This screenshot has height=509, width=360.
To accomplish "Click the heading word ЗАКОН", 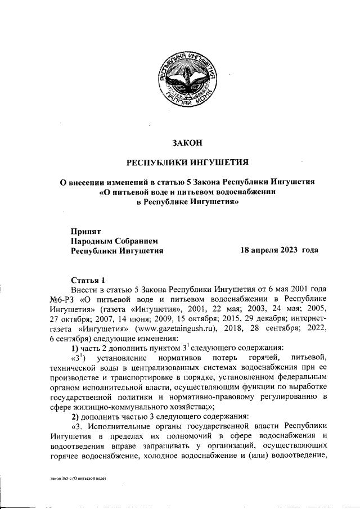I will coord(187,143).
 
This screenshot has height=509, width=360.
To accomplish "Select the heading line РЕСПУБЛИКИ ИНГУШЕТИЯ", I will coord(187,163).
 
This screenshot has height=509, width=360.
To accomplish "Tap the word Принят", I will coord(85,231).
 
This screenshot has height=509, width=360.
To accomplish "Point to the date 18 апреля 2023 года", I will coord(279,250).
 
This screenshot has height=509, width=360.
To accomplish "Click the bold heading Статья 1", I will coord(88,280).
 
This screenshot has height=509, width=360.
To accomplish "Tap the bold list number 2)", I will coord(76,416).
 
